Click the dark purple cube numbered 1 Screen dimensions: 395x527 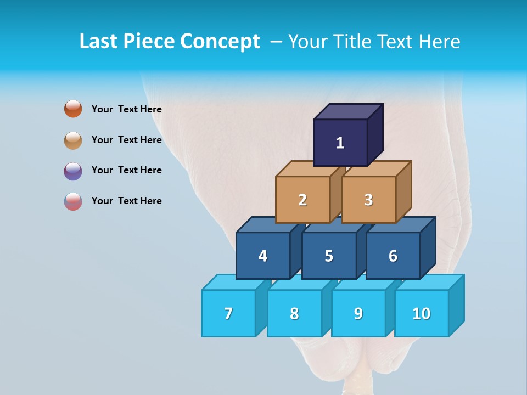pyautogui.click(x=340, y=143)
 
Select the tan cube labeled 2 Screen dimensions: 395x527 pyautogui.click(x=302, y=200)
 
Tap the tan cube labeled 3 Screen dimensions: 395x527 pyautogui.click(x=368, y=200)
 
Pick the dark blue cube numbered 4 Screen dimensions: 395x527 pyautogui.click(x=263, y=256)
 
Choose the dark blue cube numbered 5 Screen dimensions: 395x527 pyautogui.click(x=329, y=256)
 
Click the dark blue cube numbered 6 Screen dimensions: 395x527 pyautogui.click(x=393, y=256)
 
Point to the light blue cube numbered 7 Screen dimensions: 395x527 pyautogui.click(x=228, y=313)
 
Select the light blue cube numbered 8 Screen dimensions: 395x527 pyautogui.click(x=294, y=313)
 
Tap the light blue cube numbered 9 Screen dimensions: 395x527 pyautogui.click(x=358, y=313)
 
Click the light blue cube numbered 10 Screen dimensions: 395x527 pyautogui.click(x=421, y=313)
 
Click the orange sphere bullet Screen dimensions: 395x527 pyautogui.click(x=73, y=109)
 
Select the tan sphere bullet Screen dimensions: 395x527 pyautogui.click(x=73, y=140)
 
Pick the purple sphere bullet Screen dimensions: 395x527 pyautogui.click(x=73, y=171)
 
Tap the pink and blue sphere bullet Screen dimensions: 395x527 pyautogui.click(x=73, y=201)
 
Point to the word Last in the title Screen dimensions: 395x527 pyautogui.click(x=99, y=42)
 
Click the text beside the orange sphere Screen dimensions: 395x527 pyautogui.click(x=126, y=109)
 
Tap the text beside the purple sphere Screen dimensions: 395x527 pyautogui.click(x=126, y=170)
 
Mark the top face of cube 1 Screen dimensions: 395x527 pyautogui.click(x=348, y=111)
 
